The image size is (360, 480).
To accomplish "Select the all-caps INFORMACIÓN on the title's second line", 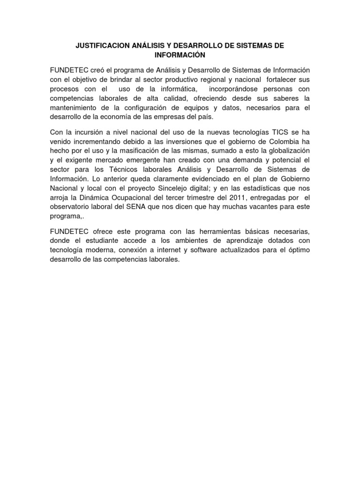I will [x=180, y=55].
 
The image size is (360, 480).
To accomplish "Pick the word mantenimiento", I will [x=76, y=107].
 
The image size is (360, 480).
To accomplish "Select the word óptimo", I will [x=297, y=250].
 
